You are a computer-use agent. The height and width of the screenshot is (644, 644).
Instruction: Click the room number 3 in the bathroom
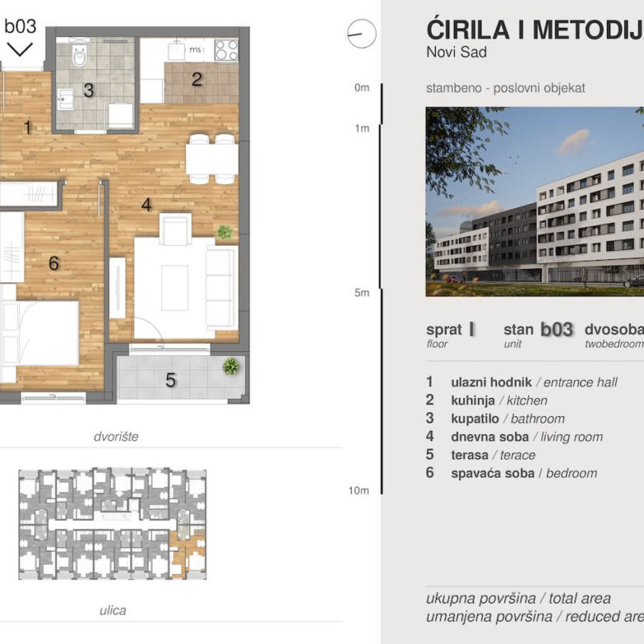pos(88,91)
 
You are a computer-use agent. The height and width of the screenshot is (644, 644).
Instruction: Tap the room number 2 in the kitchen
pos(197,80)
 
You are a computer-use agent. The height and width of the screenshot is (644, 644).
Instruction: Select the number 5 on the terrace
pos(171,381)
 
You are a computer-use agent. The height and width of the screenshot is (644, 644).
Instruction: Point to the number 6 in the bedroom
pos(54,263)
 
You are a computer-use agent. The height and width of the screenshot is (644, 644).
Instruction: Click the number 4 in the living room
pos(146,204)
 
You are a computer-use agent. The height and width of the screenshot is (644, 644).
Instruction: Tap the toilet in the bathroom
pos(79,56)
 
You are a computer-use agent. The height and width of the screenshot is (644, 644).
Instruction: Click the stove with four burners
pos(226,50)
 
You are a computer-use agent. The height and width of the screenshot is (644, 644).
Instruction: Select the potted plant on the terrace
pos(231,366)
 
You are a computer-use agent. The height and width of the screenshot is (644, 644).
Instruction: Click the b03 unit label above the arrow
pos(21,26)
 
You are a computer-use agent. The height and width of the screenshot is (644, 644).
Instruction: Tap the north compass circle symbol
pos(362,34)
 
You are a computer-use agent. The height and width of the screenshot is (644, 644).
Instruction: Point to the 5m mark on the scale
pos(361,293)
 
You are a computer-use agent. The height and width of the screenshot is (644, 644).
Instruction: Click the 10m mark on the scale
pos(358,490)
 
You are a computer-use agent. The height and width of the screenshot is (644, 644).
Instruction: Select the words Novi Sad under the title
pos(457,53)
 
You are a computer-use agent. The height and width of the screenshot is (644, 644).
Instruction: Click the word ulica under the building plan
pos(113,610)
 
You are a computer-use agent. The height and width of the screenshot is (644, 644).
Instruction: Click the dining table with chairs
pos(212,158)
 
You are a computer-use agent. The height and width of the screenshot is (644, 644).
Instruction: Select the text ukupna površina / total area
pos(519,599)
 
